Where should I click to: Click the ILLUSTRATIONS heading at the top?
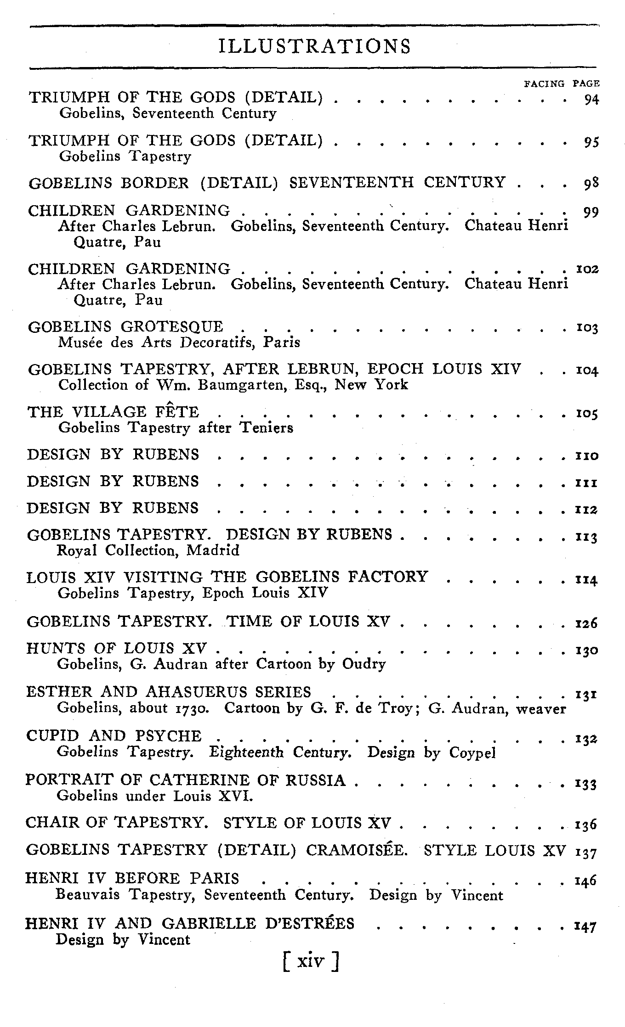pyautogui.click(x=315, y=46)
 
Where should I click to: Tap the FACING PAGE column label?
pyautogui.click(x=562, y=84)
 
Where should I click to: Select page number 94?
pyautogui.click(x=591, y=99)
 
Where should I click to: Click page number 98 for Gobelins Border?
pyautogui.click(x=591, y=184)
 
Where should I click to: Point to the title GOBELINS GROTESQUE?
pyautogui.click(x=125, y=327)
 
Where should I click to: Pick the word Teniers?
pyautogui.click(x=267, y=428)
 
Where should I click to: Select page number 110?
pyautogui.click(x=587, y=456)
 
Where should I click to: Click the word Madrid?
pyautogui.click(x=213, y=550)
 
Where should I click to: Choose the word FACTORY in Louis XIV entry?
pyautogui.click(x=388, y=577)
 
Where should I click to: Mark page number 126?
pyautogui.click(x=587, y=623)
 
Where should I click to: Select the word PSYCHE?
pyautogui.click(x=169, y=736)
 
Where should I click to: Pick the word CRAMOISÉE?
pyautogui.click(x=357, y=850)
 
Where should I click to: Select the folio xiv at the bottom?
pyautogui.click(x=311, y=961)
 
